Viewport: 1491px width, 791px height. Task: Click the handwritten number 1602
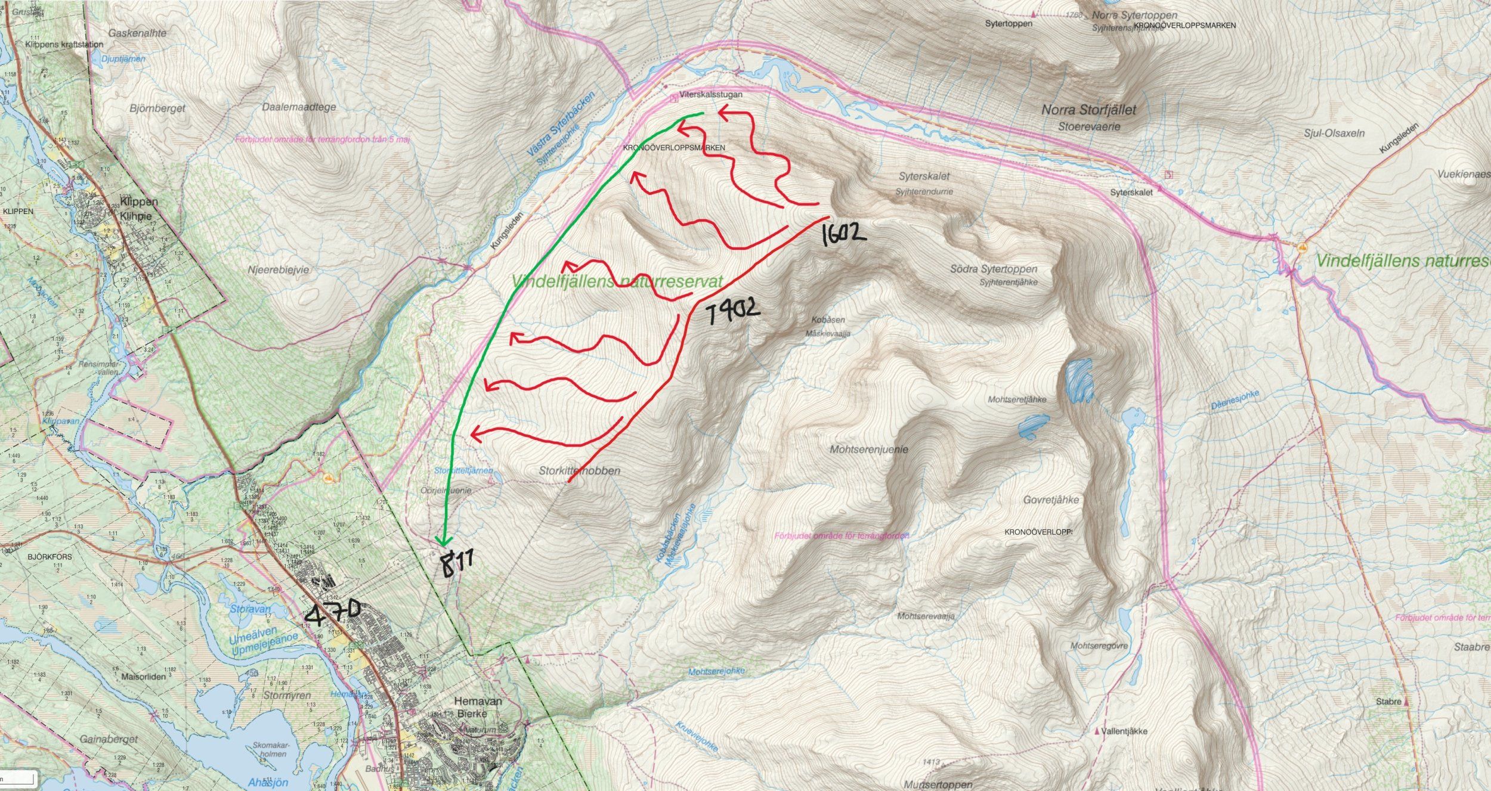[x=843, y=234]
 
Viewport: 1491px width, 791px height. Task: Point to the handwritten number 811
[x=457, y=563]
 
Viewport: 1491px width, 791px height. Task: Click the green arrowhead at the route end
[x=442, y=541]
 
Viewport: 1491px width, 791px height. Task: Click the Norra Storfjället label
[x=1088, y=110]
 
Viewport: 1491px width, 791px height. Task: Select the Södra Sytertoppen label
[x=994, y=269]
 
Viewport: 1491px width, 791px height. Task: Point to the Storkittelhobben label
[x=579, y=471]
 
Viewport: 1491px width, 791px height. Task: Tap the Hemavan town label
[x=478, y=702]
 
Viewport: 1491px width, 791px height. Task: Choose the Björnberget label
[x=157, y=108]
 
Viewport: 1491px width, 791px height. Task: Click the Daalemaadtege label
[x=299, y=107]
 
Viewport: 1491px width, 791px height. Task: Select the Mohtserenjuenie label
[x=869, y=449]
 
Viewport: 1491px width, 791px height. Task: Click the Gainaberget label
[x=108, y=739]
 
